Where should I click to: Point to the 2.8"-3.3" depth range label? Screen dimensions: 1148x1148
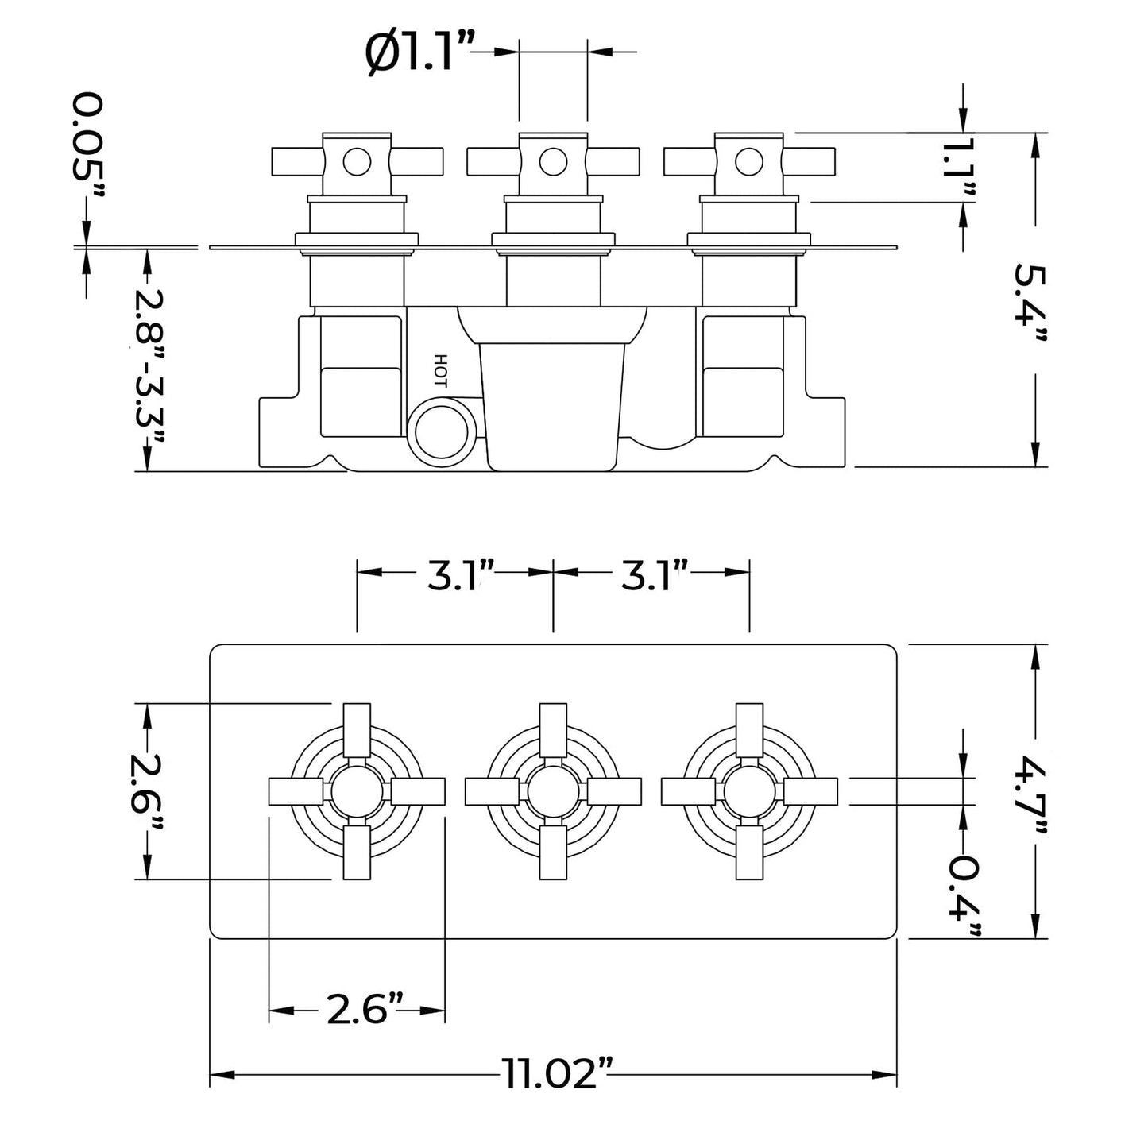coord(147,361)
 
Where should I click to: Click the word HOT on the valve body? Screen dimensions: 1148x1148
coord(442,370)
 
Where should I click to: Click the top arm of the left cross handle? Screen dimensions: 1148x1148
coord(357,729)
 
